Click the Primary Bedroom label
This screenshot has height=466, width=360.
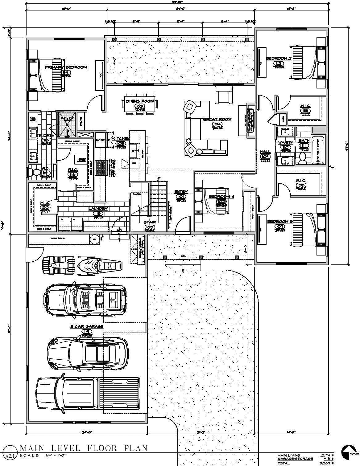pos(66,67)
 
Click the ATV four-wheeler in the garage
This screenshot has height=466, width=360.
pos(58,264)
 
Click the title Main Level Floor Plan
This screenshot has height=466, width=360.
pos(84,448)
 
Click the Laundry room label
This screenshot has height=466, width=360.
pos(98,209)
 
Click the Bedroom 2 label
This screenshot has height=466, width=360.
pos(279,58)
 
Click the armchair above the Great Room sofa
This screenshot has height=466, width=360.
pos(223,95)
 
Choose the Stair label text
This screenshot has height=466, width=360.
pos(150,222)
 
